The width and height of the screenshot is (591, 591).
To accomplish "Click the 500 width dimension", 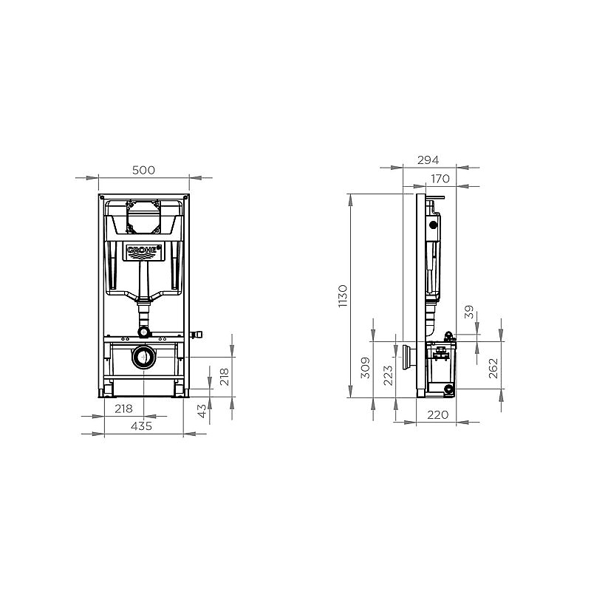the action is pos(143,171).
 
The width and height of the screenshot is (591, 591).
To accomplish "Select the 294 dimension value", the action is pos(428,160).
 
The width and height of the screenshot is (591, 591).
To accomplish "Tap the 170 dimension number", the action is pos(440,179).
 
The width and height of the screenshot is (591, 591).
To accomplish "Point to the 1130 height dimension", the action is pos(343,296).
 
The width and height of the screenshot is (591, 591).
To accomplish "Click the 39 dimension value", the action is pos(468,312).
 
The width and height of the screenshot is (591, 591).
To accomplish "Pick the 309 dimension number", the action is pos(365,368).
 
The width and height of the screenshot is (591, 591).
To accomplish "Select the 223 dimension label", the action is pos(388,375).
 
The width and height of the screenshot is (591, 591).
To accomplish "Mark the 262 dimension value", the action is pos(493,368).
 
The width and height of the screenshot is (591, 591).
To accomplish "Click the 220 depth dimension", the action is pos(437,415).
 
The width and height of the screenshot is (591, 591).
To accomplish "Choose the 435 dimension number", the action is pos(141,426).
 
